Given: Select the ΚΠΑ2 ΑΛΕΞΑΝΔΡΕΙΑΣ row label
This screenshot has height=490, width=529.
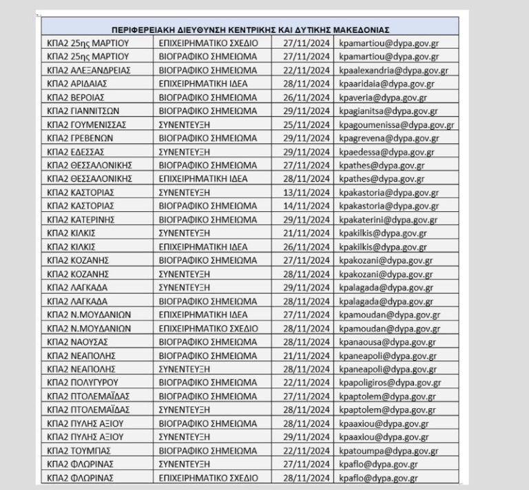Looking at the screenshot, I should click(x=90, y=70).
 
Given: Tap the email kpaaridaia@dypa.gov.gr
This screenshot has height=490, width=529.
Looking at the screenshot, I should click(x=386, y=84).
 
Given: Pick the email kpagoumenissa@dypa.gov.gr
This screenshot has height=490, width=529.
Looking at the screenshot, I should click(x=396, y=125).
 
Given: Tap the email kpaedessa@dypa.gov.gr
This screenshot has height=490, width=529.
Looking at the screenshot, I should click(x=386, y=152).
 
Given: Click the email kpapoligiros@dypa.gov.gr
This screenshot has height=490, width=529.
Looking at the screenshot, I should click(x=390, y=383).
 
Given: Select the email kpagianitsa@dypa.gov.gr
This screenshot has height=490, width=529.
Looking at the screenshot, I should click(x=388, y=111).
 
